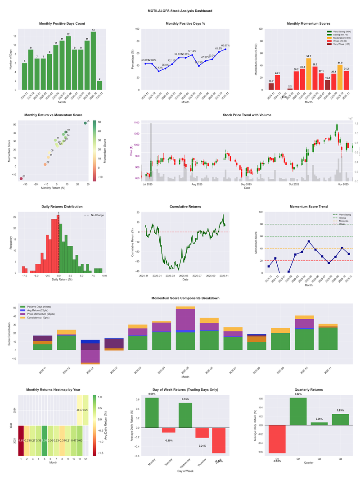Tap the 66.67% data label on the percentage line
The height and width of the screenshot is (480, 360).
pyautogui.click(x=225, y=45)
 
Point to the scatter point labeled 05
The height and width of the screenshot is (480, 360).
pyautogui.click(x=85, y=123)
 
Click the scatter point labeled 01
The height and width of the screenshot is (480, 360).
pyautogui.click(x=21, y=179)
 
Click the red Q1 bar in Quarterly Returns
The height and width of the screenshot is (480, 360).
pyautogui.click(x=278, y=439)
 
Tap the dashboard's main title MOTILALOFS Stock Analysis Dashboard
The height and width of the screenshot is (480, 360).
pyautogui.click(x=180, y=11)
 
